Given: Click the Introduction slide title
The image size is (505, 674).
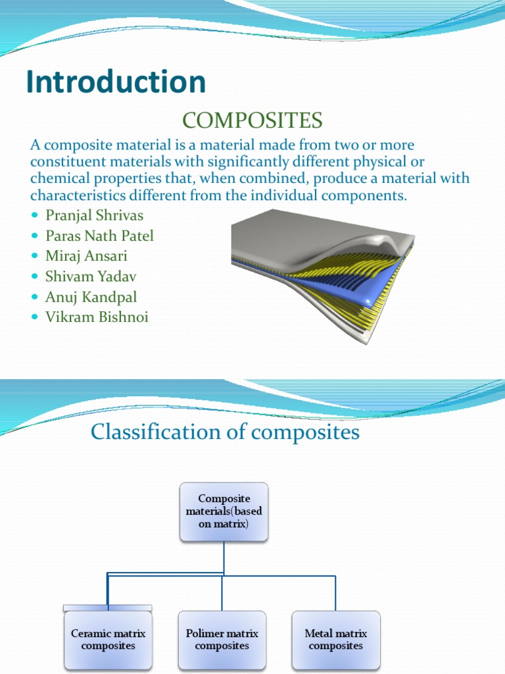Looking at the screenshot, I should click(x=116, y=82).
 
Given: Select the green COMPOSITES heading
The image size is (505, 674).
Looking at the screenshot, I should click(x=252, y=120).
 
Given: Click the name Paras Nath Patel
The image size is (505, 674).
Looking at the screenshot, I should click(x=99, y=235).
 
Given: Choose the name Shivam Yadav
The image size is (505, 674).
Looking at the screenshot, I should click(x=91, y=276).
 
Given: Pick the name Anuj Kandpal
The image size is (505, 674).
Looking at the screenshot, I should click(x=91, y=297).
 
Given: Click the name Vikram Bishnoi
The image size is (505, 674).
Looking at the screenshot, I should click(x=97, y=317).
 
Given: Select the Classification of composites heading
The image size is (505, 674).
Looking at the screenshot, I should click(x=225, y=432).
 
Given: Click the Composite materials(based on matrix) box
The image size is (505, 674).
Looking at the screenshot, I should click(x=224, y=511).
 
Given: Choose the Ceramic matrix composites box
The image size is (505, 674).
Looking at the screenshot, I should click(x=108, y=639).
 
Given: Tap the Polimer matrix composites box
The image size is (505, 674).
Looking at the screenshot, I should click(x=222, y=639).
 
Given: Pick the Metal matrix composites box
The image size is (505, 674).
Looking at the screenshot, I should click(x=335, y=639).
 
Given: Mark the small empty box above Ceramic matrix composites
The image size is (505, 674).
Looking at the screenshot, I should click(x=108, y=608).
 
